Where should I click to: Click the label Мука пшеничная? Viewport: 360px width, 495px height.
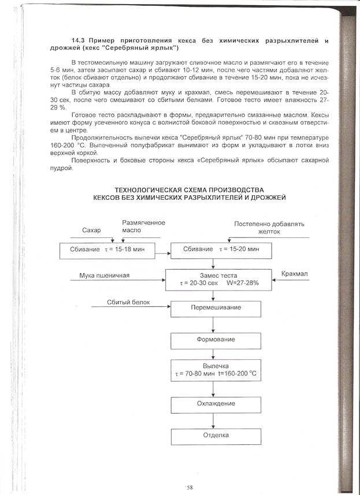click(x=105, y=275)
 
